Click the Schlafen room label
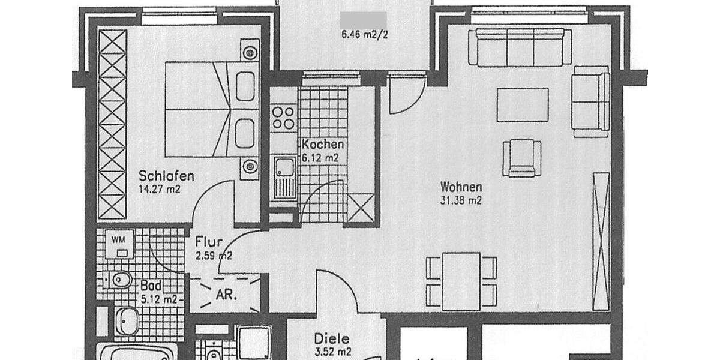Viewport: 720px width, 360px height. (166, 176)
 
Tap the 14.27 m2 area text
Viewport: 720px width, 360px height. (159, 189)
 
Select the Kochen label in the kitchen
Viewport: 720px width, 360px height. (323, 145)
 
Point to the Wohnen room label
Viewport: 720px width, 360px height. (461, 187)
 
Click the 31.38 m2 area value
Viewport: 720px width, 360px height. (461, 201)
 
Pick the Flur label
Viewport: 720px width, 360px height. (209, 243)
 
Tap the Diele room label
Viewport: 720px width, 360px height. (332, 339)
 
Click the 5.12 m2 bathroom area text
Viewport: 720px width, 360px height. (159, 299)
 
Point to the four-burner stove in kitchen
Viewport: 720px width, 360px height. (283, 118)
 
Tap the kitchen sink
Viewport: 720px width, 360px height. (284, 178)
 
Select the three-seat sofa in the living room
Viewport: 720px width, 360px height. (520, 47)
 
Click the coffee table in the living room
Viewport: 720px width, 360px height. (523, 104)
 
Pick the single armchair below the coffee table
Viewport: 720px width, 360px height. (521, 158)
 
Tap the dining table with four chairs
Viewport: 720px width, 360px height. (461, 281)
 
